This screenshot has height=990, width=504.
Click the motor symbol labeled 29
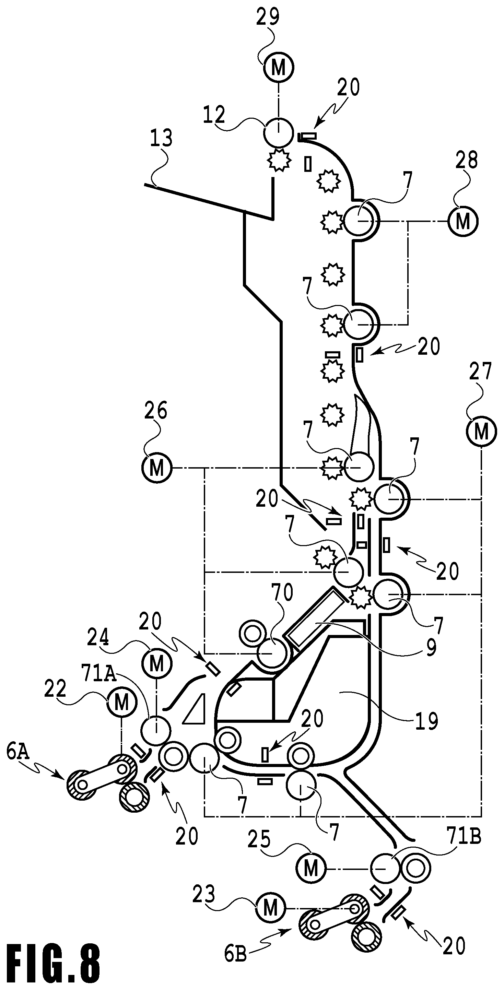(278, 67)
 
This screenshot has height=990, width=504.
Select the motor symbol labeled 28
(463, 221)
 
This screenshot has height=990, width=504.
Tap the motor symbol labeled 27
(481, 432)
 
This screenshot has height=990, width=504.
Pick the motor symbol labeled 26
(156, 468)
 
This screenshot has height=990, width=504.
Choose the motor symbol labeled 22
(122, 703)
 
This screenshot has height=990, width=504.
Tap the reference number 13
(161, 138)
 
